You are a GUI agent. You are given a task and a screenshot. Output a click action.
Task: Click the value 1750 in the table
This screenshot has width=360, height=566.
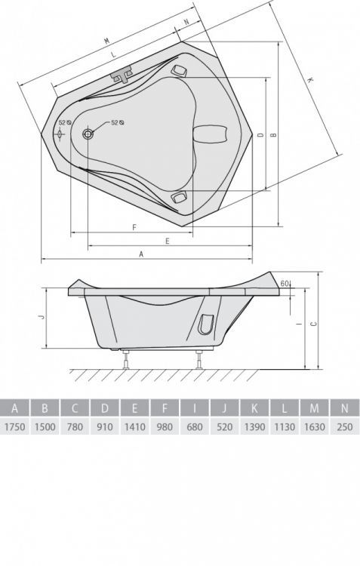click(x=14, y=427)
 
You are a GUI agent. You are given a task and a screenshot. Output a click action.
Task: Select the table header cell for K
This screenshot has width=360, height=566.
click(x=254, y=408)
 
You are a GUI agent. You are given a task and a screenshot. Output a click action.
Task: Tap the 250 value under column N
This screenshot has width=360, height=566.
click(x=344, y=427)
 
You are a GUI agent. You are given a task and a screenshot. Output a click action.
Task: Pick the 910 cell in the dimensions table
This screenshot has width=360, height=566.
click(x=104, y=427)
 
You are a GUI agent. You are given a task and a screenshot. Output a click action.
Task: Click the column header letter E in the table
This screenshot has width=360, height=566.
click(x=134, y=408)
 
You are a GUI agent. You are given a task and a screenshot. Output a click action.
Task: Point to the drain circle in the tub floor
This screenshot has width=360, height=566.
click(x=88, y=134)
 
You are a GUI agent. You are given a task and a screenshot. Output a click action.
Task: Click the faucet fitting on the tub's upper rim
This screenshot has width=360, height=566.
click(x=122, y=75)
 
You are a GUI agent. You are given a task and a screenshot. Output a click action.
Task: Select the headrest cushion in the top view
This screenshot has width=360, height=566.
click(x=211, y=134)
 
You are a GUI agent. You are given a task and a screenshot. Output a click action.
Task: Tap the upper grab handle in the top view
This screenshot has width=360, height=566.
click(x=179, y=70)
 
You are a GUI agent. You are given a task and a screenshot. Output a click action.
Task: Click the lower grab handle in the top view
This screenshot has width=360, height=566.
click(x=179, y=197)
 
